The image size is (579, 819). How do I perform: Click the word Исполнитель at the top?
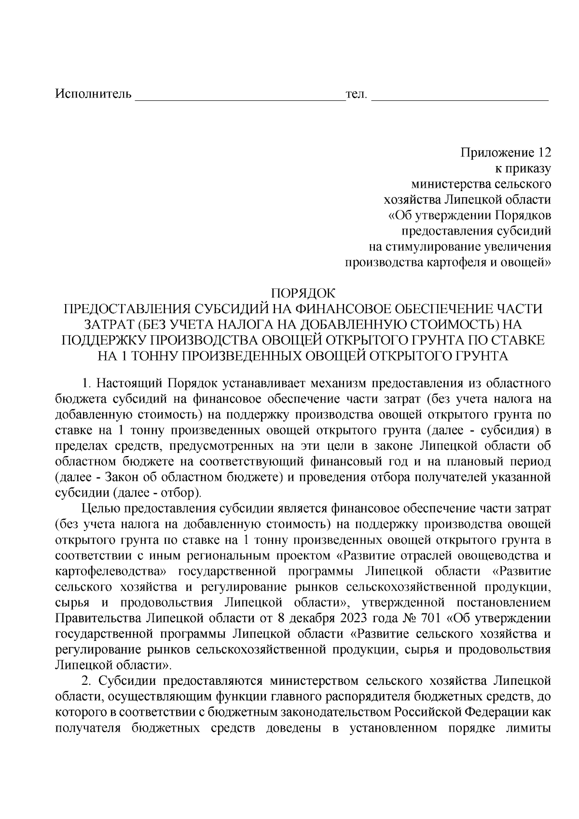coord(93,93)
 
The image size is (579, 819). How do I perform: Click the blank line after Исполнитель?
coord(239,98)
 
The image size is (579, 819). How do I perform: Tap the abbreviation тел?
coord(357,93)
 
